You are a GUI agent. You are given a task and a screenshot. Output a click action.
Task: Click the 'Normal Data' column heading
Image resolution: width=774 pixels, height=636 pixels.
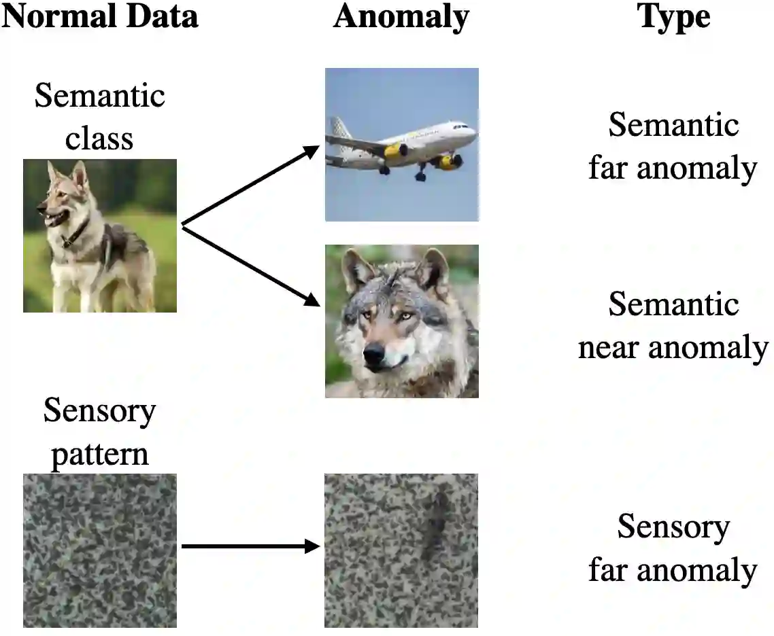pos(99,17)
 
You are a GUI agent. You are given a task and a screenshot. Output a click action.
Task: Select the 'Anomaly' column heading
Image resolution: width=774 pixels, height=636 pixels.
pos(401,17)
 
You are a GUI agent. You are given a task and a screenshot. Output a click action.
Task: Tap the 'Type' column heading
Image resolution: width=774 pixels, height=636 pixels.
pos(674,17)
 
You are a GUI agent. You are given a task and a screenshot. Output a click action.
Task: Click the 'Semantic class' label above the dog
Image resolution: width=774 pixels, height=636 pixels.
pos(99,116)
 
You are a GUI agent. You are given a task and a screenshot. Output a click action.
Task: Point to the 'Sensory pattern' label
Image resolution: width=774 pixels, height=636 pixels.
pos(99,432)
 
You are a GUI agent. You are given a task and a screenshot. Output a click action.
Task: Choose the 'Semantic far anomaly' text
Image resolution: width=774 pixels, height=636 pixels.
pos(673,146)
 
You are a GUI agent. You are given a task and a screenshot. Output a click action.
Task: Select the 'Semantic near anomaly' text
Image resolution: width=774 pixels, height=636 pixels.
pos(673,325)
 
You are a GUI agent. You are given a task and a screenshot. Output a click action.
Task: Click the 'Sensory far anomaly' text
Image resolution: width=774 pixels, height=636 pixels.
pos(673,548)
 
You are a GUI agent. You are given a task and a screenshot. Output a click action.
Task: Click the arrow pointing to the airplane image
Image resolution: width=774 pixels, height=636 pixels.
pos(252,184)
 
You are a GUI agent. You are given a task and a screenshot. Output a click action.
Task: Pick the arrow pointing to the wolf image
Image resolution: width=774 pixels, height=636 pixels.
pos(252,266)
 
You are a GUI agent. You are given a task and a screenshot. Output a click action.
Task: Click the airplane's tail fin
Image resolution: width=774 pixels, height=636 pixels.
pos(339,129)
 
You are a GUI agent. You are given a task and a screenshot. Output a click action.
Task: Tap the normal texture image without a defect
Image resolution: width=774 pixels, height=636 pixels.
pos(99,550)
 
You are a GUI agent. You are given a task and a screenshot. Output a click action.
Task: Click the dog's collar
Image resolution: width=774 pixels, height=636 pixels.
pos(74,234)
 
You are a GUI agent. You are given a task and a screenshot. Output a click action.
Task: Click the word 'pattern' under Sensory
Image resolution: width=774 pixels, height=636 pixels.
pos(99,453)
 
